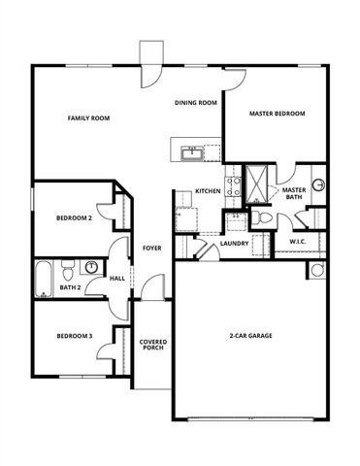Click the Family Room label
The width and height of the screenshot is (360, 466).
[88, 117]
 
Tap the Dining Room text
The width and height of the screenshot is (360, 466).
[195, 102]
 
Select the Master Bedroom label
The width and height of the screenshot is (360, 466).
[277, 114]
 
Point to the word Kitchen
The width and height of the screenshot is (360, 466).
[208, 190]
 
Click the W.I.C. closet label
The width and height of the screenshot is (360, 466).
[298, 241]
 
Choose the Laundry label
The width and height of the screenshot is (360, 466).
[234, 243]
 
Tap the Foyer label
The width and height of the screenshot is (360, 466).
[152, 248]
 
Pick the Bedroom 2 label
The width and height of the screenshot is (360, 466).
[74, 218]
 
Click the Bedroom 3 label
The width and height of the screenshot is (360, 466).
[74, 336]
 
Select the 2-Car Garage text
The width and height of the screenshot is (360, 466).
[250, 336]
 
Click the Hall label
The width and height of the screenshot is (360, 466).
[117, 279]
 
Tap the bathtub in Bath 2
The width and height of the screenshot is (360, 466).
[43, 279]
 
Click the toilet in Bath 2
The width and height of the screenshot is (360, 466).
[68, 268]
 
